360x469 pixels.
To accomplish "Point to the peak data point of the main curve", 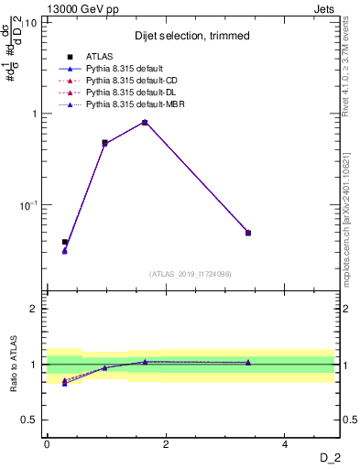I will tap(145, 122).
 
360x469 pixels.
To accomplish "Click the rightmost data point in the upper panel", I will tap(248, 233).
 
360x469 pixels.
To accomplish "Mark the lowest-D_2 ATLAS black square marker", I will tap(65, 242).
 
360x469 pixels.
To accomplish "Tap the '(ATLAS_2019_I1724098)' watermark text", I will tap(191, 273).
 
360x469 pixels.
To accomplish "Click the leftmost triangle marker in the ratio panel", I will tap(65, 383).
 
